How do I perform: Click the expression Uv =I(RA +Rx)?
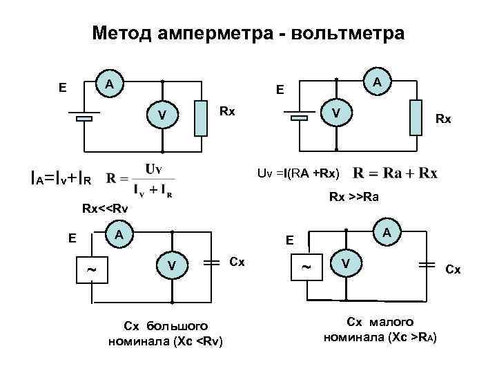298,172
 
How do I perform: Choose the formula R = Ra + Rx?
395,172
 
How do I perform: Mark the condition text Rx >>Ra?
358,197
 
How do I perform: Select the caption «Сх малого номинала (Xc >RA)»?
380,329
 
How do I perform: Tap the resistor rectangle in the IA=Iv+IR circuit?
201,117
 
